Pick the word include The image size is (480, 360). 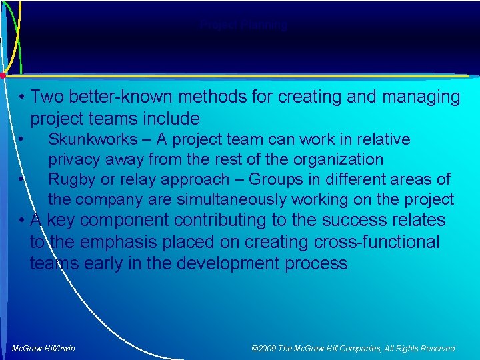[x=170, y=119]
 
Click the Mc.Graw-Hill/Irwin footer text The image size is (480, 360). [x=43, y=348]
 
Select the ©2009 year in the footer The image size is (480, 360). [x=265, y=348]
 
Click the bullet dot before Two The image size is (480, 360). [x=23, y=97]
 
